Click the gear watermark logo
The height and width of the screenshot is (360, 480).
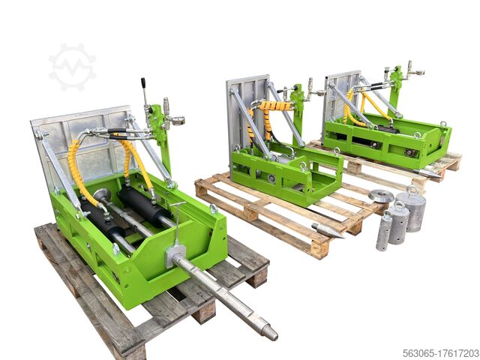72,67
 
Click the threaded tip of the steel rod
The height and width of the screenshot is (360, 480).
268,331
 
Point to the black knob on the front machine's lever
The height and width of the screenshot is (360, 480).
143,81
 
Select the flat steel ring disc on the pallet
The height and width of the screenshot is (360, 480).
381,196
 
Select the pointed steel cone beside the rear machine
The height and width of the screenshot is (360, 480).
426,172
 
